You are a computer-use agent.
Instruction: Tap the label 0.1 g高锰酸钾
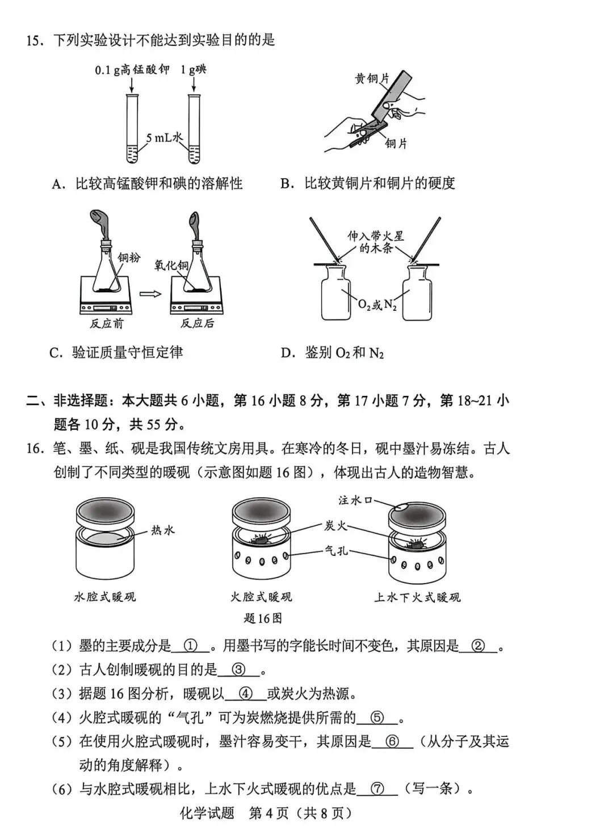132,70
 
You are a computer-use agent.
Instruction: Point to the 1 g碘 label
193,70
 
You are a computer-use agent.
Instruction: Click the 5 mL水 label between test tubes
165,138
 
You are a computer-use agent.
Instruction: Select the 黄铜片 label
372,79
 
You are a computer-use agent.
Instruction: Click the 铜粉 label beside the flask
129,257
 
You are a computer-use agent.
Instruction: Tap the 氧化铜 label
171,265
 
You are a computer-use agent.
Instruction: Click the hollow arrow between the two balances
150,294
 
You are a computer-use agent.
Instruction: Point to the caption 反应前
106,323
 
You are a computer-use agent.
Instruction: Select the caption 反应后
198,323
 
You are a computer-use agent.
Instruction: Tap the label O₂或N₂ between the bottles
377,305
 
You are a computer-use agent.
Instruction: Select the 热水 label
163,530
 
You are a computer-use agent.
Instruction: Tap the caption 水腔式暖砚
105,597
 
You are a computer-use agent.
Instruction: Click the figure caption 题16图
263,618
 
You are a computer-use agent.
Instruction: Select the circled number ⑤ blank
377,718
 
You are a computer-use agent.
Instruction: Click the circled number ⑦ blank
377,788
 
